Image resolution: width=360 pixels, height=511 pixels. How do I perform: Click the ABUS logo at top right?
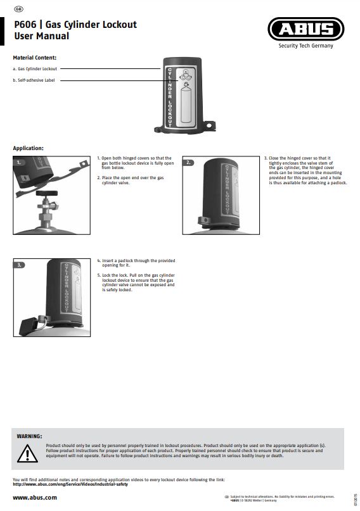click(x=305, y=29)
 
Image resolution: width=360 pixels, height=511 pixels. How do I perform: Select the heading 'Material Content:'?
click(x=35, y=58)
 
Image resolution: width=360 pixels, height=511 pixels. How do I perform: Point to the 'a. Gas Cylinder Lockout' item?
click(x=35, y=68)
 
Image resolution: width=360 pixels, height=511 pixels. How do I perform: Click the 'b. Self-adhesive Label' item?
click(x=34, y=80)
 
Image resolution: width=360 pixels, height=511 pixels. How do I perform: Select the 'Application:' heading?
click(x=28, y=148)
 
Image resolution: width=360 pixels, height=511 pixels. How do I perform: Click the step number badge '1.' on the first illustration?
click(x=20, y=163)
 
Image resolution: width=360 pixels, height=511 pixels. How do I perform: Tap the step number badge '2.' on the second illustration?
click(x=189, y=163)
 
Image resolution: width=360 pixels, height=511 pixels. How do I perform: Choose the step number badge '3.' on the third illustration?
click(x=20, y=265)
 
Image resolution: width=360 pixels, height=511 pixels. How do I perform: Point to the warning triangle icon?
click(x=27, y=453)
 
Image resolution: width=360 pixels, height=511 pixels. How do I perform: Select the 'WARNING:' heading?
click(x=29, y=436)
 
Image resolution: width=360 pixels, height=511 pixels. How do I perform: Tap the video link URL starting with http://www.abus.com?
click(x=70, y=484)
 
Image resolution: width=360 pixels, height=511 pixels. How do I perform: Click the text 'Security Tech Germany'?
click(x=305, y=46)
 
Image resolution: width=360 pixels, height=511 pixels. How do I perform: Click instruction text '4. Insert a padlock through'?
click(x=136, y=261)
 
